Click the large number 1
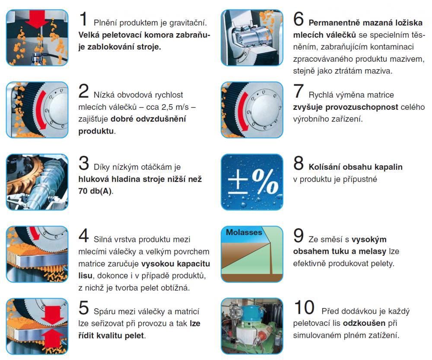[83, 19]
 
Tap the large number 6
[299, 19]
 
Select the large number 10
[304, 307]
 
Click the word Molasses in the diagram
[244, 233]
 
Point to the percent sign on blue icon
[265, 182]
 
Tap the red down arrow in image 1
[37, 19]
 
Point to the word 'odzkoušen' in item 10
[364, 323]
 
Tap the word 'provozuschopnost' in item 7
[362, 107]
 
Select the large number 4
[83, 236]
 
